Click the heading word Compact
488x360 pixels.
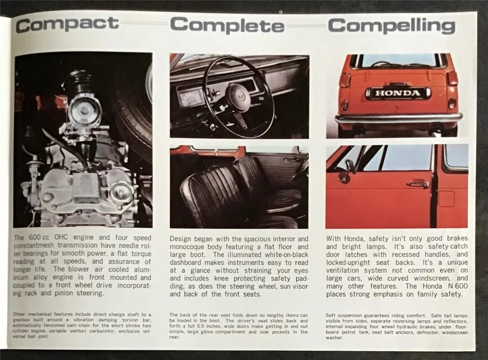(x=67, y=24)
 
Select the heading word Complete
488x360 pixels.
(x=227, y=25)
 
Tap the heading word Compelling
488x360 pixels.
(x=391, y=25)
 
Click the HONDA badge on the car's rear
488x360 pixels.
(x=398, y=93)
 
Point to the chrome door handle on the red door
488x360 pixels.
(x=417, y=184)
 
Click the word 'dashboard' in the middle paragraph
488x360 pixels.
(x=188, y=263)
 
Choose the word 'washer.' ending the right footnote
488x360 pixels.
(x=334, y=337)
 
